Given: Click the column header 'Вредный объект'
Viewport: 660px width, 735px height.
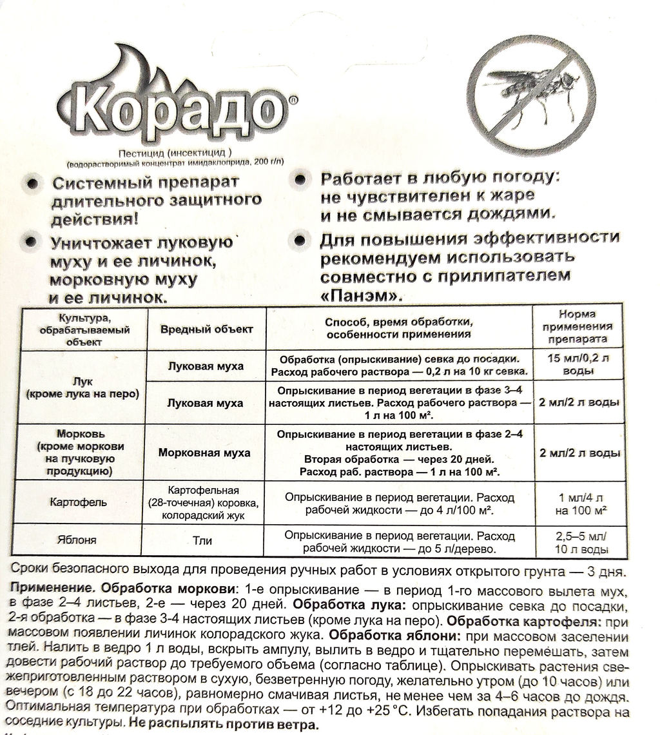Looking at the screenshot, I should pos(206,329).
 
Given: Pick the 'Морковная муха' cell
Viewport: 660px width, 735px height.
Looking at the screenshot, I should pos(206,453).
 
